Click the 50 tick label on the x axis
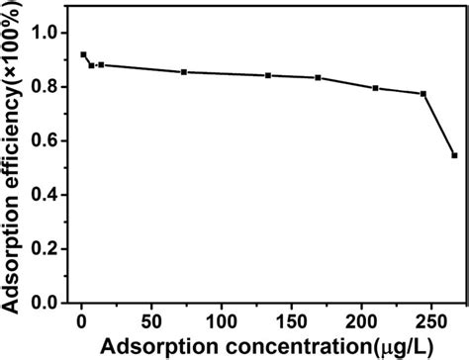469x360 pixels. pyautogui.click(x=150, y=321)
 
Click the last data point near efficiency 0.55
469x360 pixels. pyautogui.click(x=454, y=155)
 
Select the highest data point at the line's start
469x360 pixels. pyautogui.click(x=83, y=54)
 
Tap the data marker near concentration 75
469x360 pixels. pyautogui.click(x=185, y=72)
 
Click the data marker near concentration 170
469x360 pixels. pyautogui.click(x=318, y=78)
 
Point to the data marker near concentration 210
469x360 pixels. pyautogui.click(x=375, y=88)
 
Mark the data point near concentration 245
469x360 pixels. pyautogui.click(x=423, y=94)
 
